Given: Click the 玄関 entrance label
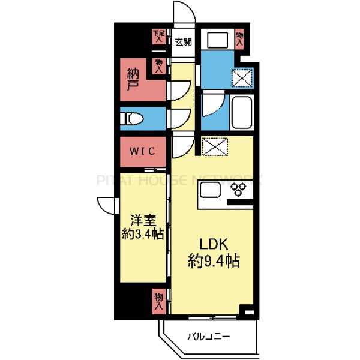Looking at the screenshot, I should (x=184, y=42).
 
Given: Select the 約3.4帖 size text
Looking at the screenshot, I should (x=141, y=235).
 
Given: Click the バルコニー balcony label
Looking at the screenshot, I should (x=208, y=337).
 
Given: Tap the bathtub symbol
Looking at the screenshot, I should (x=242, y=112).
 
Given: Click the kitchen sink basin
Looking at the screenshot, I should (x=211, y=192).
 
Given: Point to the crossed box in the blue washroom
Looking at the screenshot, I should (x=243, y=77).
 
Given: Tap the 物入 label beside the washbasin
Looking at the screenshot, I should (x=240, y=40).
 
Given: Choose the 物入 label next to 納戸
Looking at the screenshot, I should (x=159, y=65).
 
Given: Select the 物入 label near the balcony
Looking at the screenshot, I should (x=158, y=300).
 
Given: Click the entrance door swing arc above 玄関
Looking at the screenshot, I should (x=183, y=13).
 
